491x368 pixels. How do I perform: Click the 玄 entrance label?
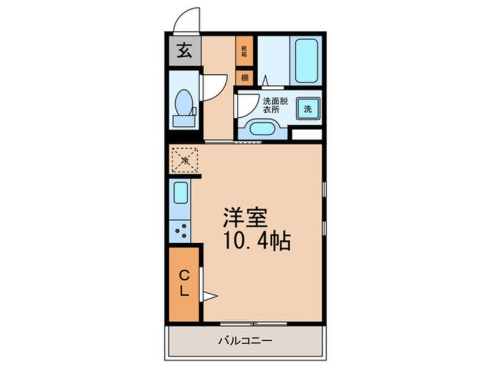[184, 52]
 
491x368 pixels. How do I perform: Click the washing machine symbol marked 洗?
[308, 109]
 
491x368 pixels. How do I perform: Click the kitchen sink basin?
[180, 192]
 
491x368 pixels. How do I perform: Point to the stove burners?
[180, 230]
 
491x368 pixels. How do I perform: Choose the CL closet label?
[183, 283]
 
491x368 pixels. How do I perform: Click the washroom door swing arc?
[244, 107]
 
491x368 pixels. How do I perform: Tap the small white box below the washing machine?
[306, 134]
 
